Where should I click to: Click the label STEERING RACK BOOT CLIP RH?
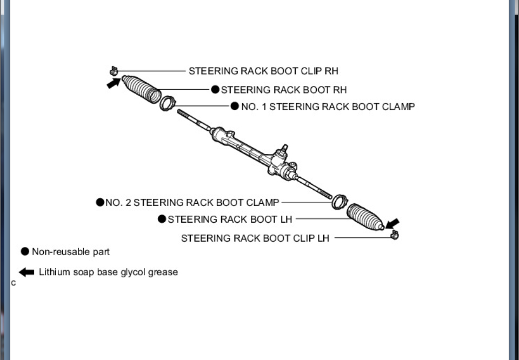tap(263, 71)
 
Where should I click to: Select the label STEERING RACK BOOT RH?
tap(283, 90)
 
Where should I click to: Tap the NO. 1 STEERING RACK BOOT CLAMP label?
tap(328, 106)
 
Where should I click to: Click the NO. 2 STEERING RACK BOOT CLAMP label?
tap(192, 203)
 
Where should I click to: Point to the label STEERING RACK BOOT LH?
tap(230, 219)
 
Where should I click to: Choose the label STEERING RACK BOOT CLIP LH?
tap(255, 238)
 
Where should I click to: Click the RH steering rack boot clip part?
tap(114, 70)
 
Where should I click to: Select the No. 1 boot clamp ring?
tap(168, 102)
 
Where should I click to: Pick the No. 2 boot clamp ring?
tap(339, 202)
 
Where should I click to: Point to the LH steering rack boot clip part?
tap(395, 235)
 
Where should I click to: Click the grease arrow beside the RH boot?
tap(114, 83)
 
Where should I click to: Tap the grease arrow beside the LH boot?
tap(392, 223)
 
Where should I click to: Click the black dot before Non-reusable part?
tap(25, 251)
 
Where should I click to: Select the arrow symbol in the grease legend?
tap(26, 272)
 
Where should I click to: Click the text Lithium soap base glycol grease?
tap(108, 272)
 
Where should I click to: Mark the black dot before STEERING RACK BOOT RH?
tap(215, 89)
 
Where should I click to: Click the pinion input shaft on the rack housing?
tap(284, 149)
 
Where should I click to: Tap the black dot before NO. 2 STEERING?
tap(100, 203)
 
